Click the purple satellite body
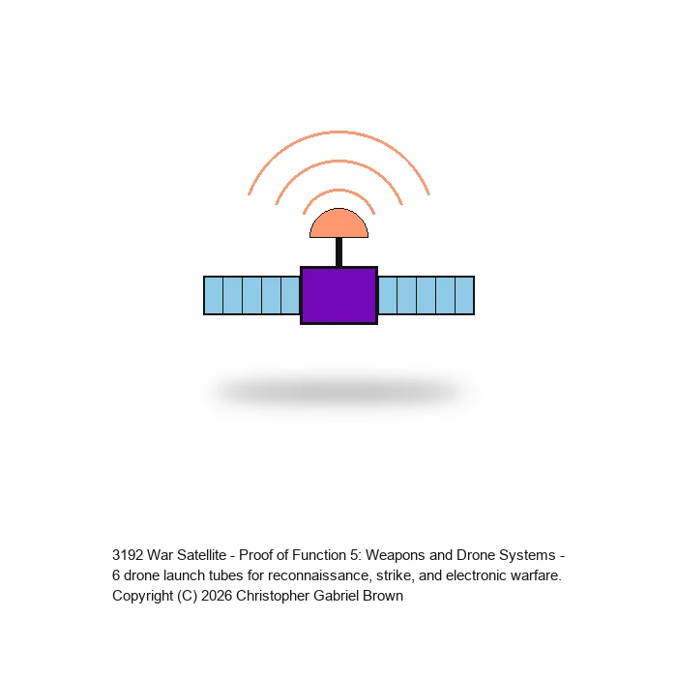[x=338, y=295]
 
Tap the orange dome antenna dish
[x=338, y=224]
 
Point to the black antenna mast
[x=338, y=252]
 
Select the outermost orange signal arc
[x=338, y=132]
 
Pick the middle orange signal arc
[x=338, y=162]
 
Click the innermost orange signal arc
[x=338, y=190]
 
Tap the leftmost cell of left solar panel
[x=214, y=295]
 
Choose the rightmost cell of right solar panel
[x=465, y=295]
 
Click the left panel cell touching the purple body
[x=290, y=295]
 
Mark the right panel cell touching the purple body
[x=387, y=295]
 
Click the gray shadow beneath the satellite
[x=338, y=392]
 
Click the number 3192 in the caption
[x=128, y=555]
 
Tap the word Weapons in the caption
[x=395, y=555]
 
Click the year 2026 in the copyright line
[x=217, y=596]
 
